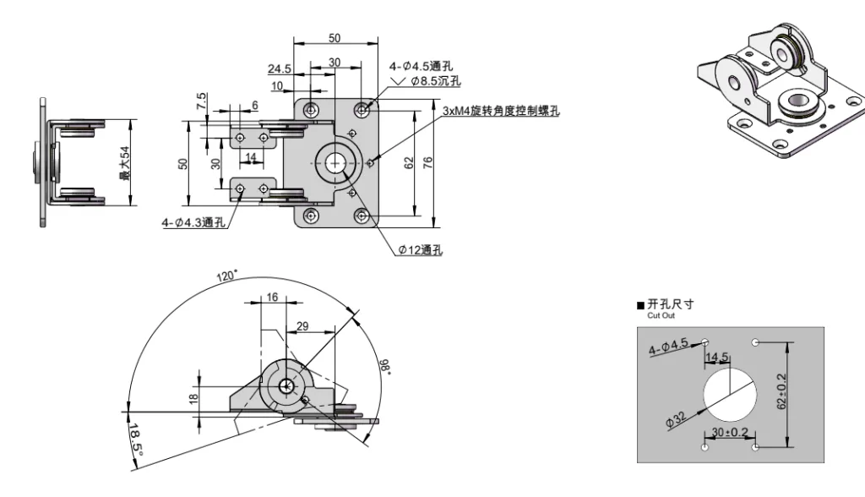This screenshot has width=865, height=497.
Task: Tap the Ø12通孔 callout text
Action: click(x=421, y=249)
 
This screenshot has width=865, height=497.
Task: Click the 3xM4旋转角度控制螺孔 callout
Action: click(x=501, y=110)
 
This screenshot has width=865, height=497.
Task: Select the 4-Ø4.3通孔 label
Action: click(x=193, y=222)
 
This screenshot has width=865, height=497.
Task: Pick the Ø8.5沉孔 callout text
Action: click(x=435, y=81)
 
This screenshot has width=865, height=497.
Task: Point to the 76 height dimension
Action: click(x=428, y=163)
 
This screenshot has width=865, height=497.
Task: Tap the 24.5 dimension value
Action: click(x=280, y=68)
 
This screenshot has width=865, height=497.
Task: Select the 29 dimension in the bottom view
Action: click(x=302, y=326)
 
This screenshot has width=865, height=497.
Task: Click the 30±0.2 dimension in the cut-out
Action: click(x=729, y=434)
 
